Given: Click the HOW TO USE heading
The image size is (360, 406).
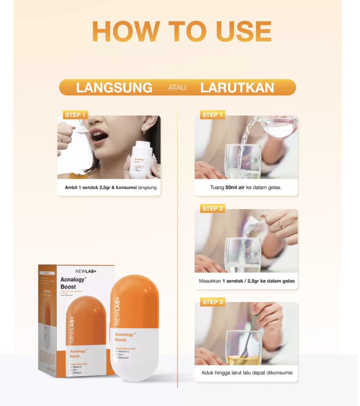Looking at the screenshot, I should click(182, 31).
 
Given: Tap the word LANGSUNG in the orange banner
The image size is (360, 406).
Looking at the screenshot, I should click(114, 87).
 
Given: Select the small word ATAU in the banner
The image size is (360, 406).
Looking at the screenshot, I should click(177, 87).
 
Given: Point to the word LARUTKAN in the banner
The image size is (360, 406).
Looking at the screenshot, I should click(237, 87).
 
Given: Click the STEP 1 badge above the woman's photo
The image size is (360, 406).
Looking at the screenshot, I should click(75, 115).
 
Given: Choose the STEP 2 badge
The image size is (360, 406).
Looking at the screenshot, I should click(212, 208).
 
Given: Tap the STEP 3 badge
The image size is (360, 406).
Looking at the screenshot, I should click(212, 302).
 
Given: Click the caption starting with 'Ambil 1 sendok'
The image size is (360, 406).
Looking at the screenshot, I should click(110, 187).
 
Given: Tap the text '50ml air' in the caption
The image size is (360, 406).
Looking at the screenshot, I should click(235, 187).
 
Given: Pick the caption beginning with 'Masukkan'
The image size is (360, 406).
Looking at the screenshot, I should click(247, 281).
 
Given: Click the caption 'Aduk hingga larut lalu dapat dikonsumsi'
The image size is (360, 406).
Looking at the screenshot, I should click(247, 372).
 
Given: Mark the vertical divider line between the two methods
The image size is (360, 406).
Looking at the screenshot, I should click(178, 249).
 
